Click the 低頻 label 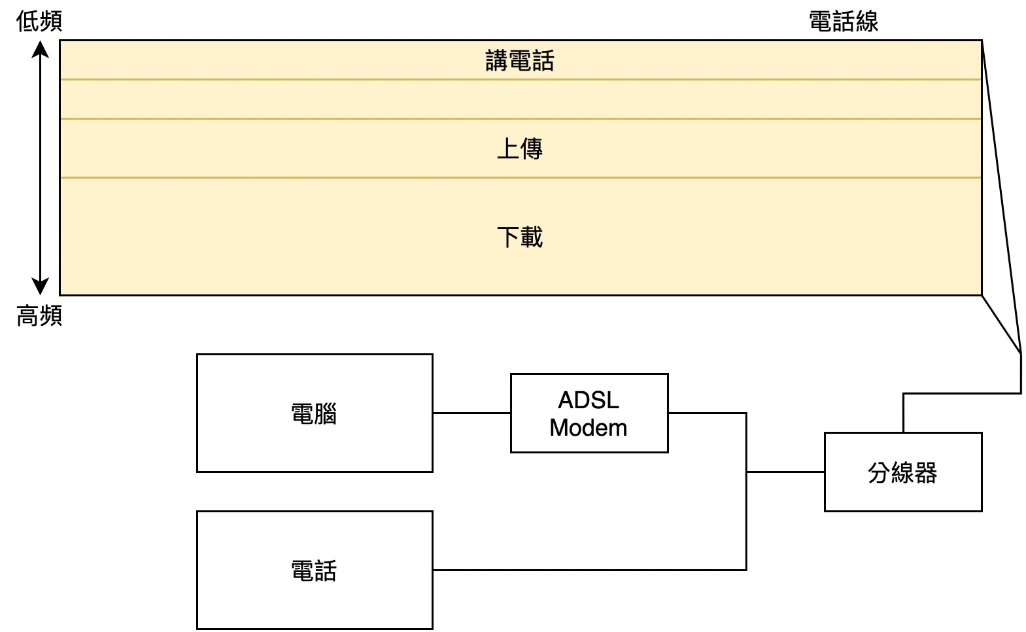(39, 21)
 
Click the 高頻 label (39, 316)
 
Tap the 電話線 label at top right (843, 21)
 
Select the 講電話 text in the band (520, 61)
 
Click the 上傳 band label (520, 149)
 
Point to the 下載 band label (520, 236)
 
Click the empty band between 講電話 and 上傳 (520, 99)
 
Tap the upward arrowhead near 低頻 (41, 50)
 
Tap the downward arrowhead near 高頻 (41, 287)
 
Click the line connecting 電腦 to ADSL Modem (471, 413)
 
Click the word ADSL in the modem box (589, 400)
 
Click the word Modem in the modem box (589, 427)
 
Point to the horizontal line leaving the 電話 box (589, 570)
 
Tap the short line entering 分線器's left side (785, 472)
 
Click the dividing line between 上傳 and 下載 (520, 177)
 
